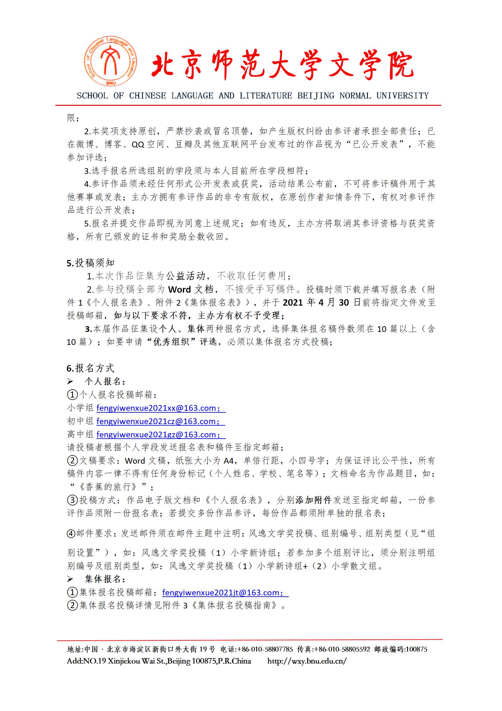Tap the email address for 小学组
tap(158, 408)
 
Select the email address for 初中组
tap(158, 422)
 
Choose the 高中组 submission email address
tap(158, 435)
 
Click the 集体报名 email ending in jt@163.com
tap(223, 593)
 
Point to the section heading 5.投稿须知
tap(90, 263)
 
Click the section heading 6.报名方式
tap(90, 368)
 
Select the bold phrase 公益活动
tap(186, 276)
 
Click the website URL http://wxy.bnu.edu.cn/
tap(307, 661)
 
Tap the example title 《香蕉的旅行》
tap(108, 487)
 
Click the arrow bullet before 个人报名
tap(70, 382)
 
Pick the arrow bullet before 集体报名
tap(70, 580)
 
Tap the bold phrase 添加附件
tap(313, 500)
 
